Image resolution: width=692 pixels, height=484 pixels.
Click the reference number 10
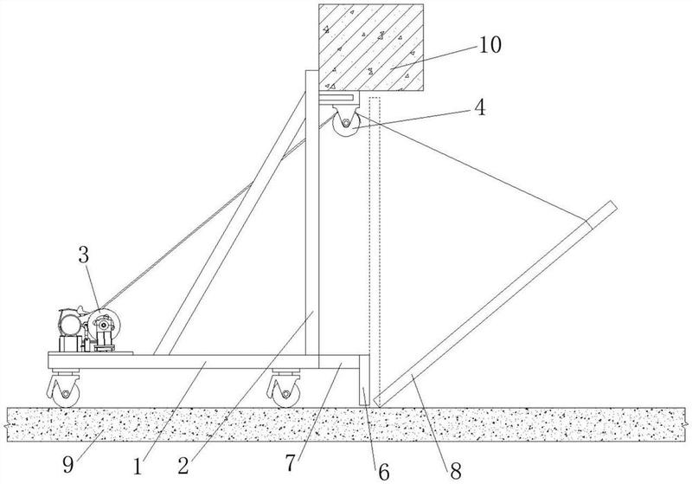tap(490, 45)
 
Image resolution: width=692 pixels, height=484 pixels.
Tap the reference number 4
tap(480, 107)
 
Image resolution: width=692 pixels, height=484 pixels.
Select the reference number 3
tap(84, 255)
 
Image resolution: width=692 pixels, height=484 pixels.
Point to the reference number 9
tap(68, 464)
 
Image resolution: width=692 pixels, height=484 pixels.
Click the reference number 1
tap(138, 467)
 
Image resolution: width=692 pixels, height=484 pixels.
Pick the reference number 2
tap(183, 466)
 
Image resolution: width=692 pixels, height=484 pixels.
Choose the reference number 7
tap(290, 463)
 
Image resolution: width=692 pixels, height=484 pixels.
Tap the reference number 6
tap(384, 473)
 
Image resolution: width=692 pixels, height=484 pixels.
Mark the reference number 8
tap(456, 471)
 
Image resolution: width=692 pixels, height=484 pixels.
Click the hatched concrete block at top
tap(371, 48)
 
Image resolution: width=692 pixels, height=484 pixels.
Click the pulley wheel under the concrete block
tap(345, 126)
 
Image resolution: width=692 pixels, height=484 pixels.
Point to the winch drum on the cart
tap(104, 325)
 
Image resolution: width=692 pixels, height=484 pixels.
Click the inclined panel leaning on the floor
tap(494, 304)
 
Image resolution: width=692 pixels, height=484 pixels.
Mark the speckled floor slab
tap(346, 424)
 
